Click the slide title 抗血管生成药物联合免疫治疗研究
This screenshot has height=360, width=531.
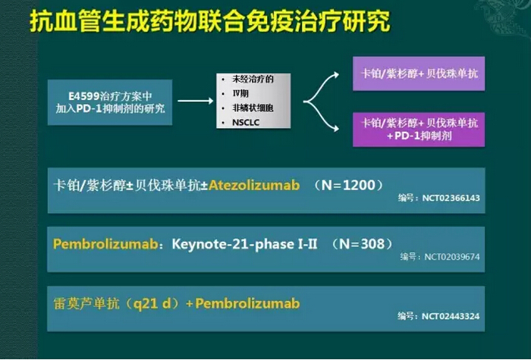tap(210, 21)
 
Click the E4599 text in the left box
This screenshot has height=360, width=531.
tap(84, 96)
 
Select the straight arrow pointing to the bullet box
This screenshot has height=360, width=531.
tap(196, 101)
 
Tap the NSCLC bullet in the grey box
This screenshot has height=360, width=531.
tap(246, 123)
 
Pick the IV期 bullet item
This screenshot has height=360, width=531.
tap(240, 93)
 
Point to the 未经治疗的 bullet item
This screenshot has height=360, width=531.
tap(253, 79)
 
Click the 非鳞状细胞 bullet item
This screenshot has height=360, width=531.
tap(253, 108)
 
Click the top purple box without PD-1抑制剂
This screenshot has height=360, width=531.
tap(419, 74)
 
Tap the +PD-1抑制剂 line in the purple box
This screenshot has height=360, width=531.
tap(419, 136)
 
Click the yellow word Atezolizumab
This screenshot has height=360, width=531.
tap(254, 185)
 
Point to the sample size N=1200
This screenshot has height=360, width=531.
tap(349, 185)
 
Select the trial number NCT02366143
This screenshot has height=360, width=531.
tap(451, 198)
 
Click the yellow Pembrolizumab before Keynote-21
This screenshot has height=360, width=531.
tap(105, 244)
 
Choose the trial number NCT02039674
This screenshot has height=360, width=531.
tap(452, 257)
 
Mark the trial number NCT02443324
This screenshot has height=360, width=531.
tap(451, 316)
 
